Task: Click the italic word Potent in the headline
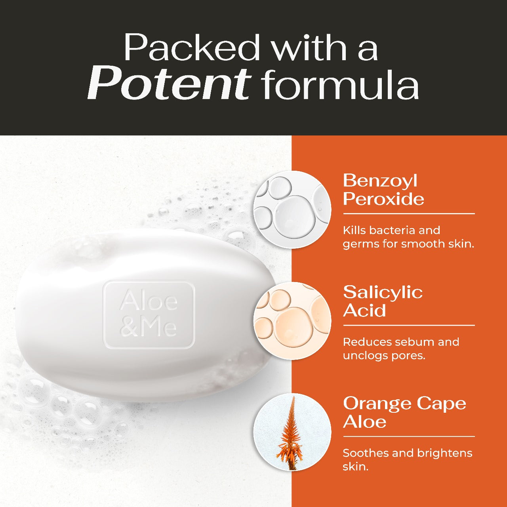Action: click(x=169, y=84)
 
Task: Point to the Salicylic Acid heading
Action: click(x=383, y=301)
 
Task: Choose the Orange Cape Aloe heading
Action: click(x=404, y=412)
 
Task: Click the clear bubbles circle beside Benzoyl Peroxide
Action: click(x=292, y=210)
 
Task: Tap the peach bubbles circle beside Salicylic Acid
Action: click(x=292, y=320)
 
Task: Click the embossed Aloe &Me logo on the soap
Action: click(x=149, y=314)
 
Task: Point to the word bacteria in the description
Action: click(x=392, y=231)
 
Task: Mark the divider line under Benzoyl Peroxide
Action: click(x=409, y=213)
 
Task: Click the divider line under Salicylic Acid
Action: click(x=409, y=325)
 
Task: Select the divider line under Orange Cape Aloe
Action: click(x=409, y=436)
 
